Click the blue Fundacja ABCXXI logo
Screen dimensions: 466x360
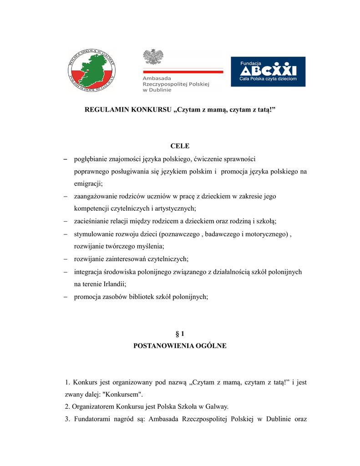268,71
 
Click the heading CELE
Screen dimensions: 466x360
180,146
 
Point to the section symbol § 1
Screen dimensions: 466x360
180,334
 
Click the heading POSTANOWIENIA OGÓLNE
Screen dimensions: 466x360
180,346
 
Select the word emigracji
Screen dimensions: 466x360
88,184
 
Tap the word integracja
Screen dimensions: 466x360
89,272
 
